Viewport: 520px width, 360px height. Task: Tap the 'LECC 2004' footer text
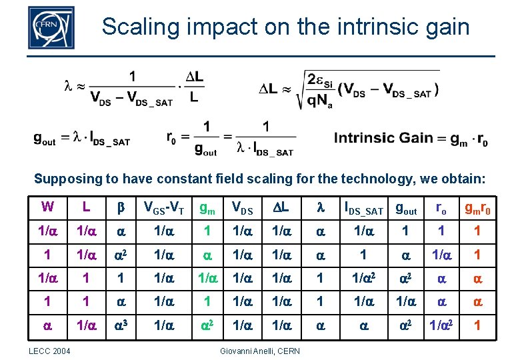click(48, 351)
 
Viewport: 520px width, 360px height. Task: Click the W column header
click(47, 207)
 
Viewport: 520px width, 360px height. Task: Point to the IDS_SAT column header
click(363, 209)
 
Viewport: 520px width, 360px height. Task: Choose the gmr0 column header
click(478, 208)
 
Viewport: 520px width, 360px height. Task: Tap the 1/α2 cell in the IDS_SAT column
click(363, 279)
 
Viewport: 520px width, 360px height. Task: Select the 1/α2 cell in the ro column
click(441, 326)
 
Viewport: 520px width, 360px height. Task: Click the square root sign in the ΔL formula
click(299, 89)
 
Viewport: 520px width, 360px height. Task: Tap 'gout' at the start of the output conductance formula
click(45, 139)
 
